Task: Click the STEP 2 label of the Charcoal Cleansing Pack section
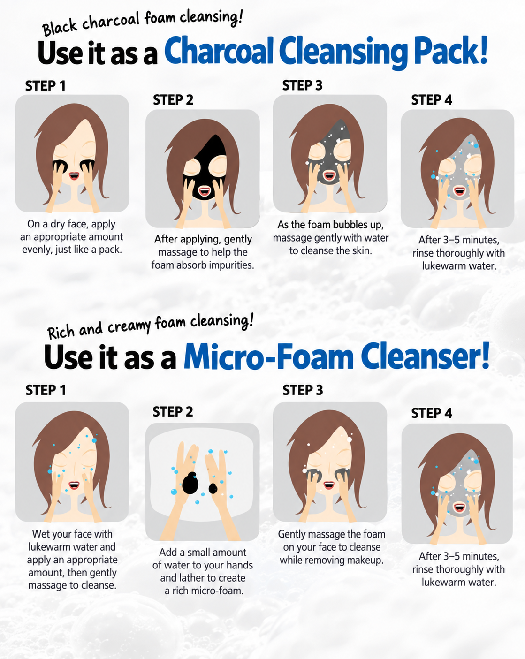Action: pyautogui.click(x=173, y=100)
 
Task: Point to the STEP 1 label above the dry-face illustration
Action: pyautogui.click(x=46, y=86)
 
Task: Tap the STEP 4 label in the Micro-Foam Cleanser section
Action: pyautogui.click(x=432, y=413)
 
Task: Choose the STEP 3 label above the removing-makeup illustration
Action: pyautogui.click(x=303, y=390)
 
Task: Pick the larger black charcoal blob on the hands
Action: pyautogui.click(x=190, y=483)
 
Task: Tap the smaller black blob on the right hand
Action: pyautogui.click(x=213, y=488)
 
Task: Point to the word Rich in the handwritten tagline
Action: pyautogui.click(x=61, y=332)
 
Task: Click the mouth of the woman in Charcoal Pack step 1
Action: pyautogui.click(x=74, y=176)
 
